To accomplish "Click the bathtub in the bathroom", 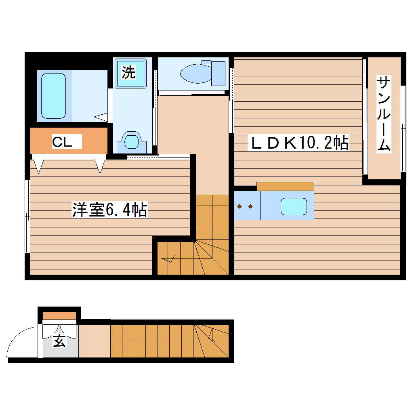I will coord(54,96).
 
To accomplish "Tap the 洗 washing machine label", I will coord(129,72).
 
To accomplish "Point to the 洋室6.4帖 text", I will coord(109,210).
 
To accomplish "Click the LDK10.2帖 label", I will coord(299,143).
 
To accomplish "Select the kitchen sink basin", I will coord(294,206).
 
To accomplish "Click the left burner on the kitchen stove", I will coord(240,206).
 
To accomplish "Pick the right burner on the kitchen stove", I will coord(250,206).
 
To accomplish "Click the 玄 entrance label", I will coord(59,341).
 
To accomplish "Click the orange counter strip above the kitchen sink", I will coord(285,186).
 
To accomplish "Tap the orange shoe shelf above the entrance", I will coord(59,315).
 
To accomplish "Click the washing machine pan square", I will coord(130,73).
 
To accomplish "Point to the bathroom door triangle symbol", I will coord(101,117).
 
